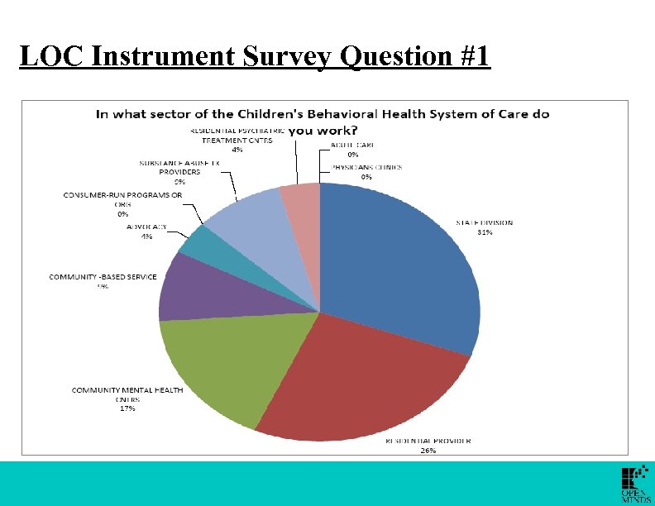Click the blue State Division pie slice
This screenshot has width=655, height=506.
[397, 265]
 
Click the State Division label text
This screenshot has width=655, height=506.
[485, 222]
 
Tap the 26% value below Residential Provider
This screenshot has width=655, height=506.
[428, 451]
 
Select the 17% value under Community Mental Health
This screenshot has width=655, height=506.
[127, 408]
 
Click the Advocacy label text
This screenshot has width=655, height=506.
[146, 227]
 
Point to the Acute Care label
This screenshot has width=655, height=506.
[352, 145]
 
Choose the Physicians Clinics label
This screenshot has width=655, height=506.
[366, 167]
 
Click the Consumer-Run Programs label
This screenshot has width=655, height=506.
[122, 195]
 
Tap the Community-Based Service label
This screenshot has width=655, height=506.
[103, 277]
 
